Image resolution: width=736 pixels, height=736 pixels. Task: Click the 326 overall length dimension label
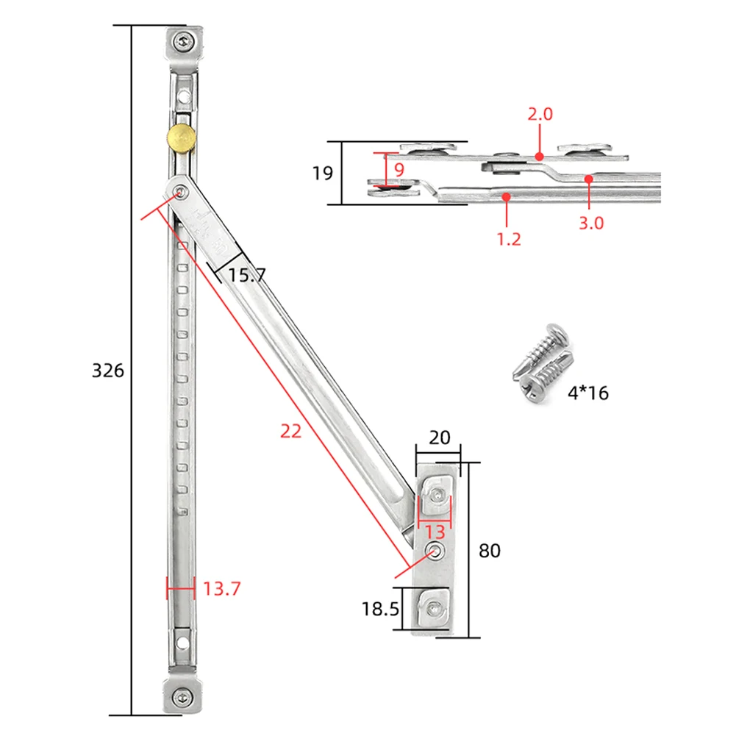107,370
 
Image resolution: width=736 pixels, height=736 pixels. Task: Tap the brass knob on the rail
180,137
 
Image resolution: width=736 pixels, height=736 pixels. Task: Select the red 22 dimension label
291,432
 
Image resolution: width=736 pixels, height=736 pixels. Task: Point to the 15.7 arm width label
246,276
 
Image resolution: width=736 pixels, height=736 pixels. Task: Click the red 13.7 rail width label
221,588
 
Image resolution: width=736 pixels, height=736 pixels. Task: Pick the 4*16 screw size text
587,393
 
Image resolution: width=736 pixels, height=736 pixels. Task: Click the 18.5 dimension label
380,609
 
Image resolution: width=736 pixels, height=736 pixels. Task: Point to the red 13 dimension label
435,532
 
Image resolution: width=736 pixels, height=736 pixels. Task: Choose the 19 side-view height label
322,174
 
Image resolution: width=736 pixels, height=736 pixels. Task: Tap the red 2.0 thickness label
540,114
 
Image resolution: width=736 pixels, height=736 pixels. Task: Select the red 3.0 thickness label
590,223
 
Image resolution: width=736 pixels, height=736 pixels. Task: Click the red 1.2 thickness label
509,238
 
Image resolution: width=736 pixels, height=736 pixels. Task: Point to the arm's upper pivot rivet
180,192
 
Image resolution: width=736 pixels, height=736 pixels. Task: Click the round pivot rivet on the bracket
435,551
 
